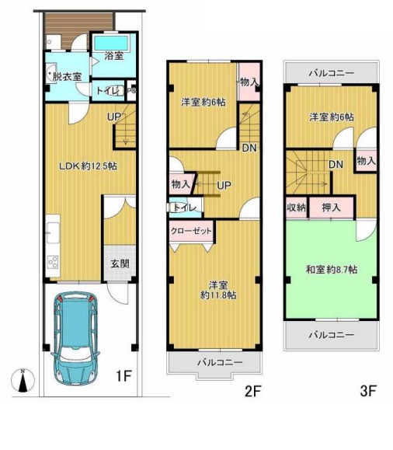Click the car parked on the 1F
click(x=75, y=339)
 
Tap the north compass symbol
click(x=23, y=381)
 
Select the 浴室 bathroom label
click(x=114, y=55)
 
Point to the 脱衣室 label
click(x=68, y=76)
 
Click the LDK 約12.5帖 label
click(x=88, y=166)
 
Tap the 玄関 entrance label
click(x=120, y=263)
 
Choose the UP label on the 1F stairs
click(x=114, y=117)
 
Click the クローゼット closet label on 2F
click(x=191, y=231)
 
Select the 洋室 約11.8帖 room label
click(x=218, y=290)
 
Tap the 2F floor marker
click(x=252, y=391)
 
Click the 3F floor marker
click(x=368, y=391)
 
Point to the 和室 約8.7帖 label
click(x=332, y=270)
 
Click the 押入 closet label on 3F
click(x=332, y=208)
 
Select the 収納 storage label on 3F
click(x=297, y=208)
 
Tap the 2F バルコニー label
click(x=220, y=362)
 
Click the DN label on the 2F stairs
click(x=249, y=148)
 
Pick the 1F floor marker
click(x=124, y=376)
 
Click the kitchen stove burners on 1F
click(x=53, y=262)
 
